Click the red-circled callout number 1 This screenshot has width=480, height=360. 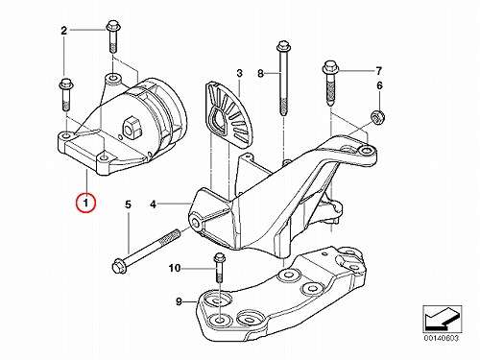click(x=85, y=203)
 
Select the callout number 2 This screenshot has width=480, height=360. click(x=64, y=31)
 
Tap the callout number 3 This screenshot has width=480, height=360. click(x=240, y=73)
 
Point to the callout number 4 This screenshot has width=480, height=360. click(x=154, y=204)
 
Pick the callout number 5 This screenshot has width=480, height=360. click(x=128, y=204)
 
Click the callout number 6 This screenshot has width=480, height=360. click(x=379, y=85)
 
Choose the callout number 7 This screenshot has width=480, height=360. click(x=379, y=70)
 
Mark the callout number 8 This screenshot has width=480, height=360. click(x=261, y=74)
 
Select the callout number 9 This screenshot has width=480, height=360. click(x=179, y=301)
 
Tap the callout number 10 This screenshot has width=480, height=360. click(x=175, y=268)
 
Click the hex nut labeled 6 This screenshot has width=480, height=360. click(x=377, y=117)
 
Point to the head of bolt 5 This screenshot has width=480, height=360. click(x=117, y=266)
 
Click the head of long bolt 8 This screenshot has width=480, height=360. click(x=283, y=47)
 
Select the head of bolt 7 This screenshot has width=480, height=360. click(x=329, y=67)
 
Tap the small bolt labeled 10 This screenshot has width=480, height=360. click(x=219, y=267)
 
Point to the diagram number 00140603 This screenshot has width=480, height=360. click(x=442, y=338)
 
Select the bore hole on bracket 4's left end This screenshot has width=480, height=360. click(x=196, y=221)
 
